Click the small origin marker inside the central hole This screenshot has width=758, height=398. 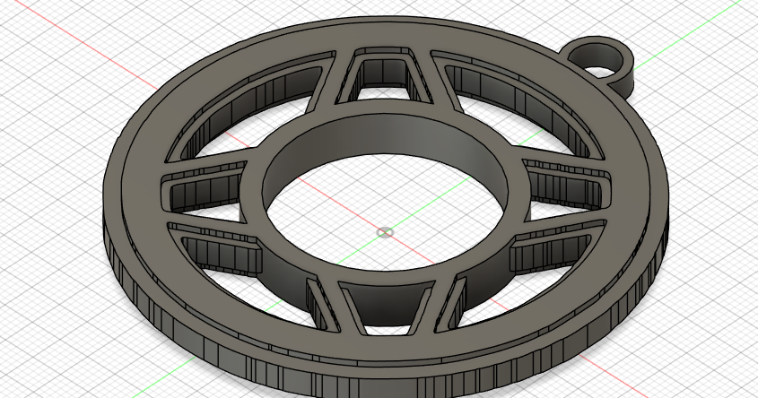coord(385,232)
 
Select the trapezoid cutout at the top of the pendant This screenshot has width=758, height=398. coord(387,74)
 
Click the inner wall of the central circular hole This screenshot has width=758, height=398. coord(386,143)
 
